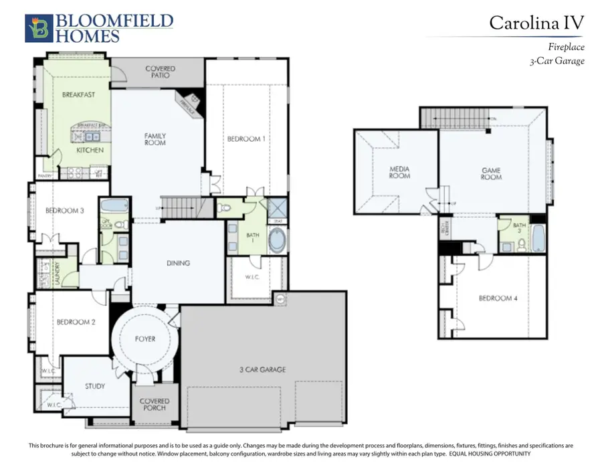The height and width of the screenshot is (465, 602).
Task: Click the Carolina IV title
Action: click(536, 23)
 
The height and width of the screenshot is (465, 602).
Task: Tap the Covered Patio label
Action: click(160, 72)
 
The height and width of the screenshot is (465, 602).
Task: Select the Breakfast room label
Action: click(78, 95)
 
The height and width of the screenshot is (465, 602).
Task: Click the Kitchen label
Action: click(90, 151)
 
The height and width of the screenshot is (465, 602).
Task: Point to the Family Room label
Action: click(155, 139)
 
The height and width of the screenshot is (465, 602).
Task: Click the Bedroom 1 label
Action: click(246, 139)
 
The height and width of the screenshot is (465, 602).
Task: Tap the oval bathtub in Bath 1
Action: click(276, 240)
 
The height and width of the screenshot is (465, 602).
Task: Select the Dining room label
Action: click(178, 263)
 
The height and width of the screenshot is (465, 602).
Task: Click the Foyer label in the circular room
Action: click(144, 339)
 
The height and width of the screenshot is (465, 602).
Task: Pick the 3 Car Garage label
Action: click(262, 369)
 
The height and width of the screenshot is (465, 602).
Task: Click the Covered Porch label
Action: click(155, 405)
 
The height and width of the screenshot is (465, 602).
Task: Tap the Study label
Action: click(95, 386)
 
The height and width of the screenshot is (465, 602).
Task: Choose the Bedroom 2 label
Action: click(76, 322)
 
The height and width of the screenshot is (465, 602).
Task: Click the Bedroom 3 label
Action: click(64, 211)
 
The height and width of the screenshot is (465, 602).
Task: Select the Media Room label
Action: click(399, 172)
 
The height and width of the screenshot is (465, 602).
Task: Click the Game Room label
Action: click(491, 174)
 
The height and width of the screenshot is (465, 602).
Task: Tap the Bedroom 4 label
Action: click(498, 298)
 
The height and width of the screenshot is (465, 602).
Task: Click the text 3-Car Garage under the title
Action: click(557, 61)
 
